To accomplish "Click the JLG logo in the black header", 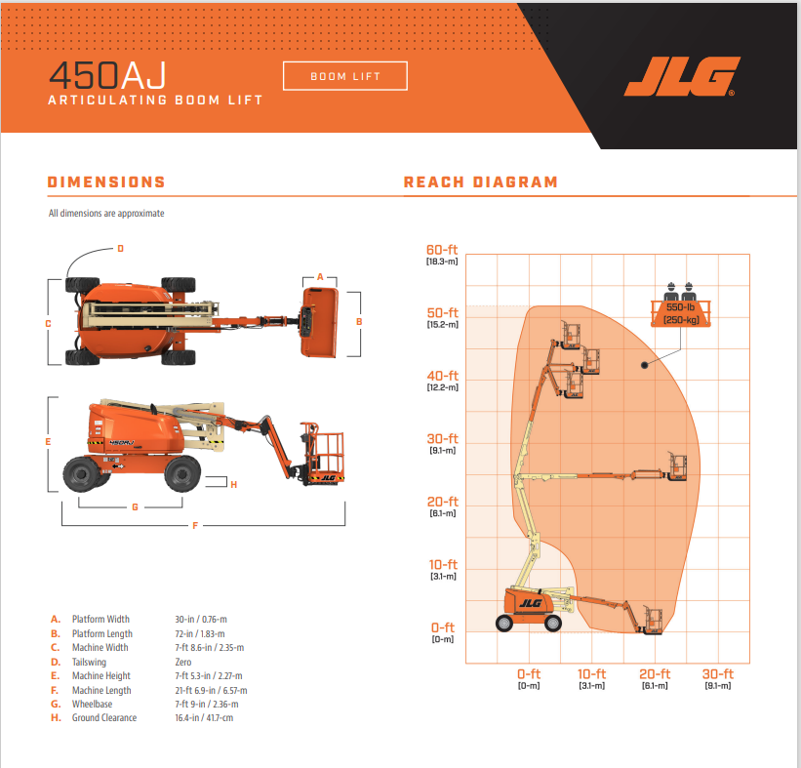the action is point(682,76).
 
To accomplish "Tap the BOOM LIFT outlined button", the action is point(345,76).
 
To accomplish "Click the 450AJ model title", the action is point(107,75).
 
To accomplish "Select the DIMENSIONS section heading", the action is point(106,182).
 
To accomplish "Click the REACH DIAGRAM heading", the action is point(480,182).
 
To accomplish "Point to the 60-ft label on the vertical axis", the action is point(442,250).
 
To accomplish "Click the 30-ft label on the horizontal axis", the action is point(718,674).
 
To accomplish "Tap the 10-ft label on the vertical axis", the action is point(443,565).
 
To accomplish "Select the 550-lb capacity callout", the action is point(680,313).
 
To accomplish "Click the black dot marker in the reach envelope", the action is point(645,365).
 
